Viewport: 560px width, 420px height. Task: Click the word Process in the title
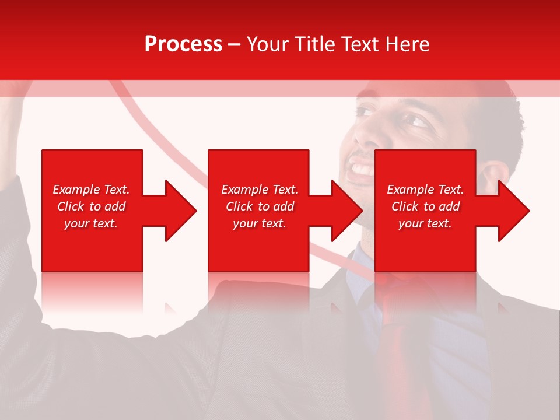pyautogui.click(x=183, y=44)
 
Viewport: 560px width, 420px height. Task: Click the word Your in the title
pyautogui.click(x=267, y=44)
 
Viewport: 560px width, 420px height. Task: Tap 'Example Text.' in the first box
pyautogui.click(x=91, y=190)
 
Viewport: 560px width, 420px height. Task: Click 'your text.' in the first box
pyautogui.click(x=91, y=223)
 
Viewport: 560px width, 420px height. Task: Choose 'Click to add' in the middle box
pyautogui.click(x=260, y=206)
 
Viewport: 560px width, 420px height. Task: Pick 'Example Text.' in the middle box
pyautogui.click(x=260, y=190)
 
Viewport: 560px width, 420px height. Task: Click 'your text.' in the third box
pyautogui.click(x=425, y=223)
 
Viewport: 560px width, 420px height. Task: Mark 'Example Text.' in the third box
pyautogui.click(x=425, y=190)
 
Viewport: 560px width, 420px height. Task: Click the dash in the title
pyautogui.click(x=234, y=44)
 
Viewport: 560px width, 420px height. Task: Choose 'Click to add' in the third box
pyautogui.click(x=425, y=206)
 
